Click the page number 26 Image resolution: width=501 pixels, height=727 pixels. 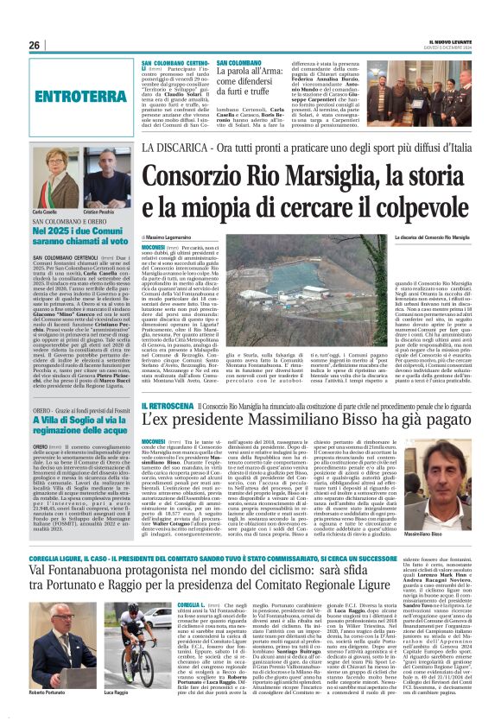point(35,45)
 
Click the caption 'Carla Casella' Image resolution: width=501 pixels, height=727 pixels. point(45,211)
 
